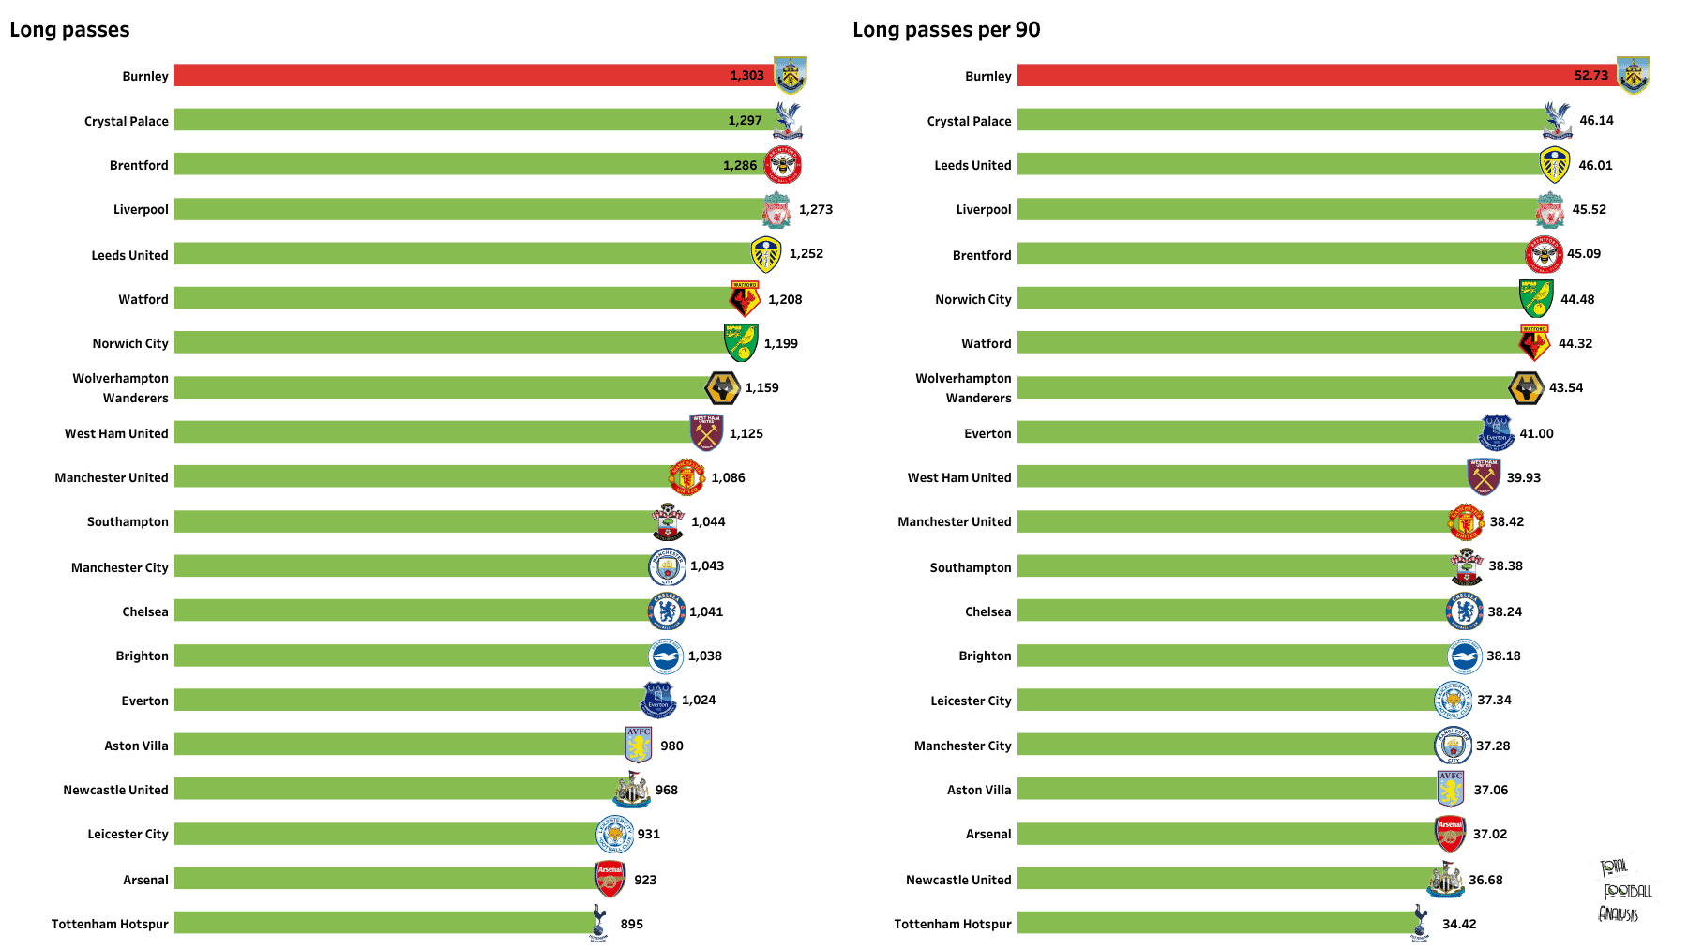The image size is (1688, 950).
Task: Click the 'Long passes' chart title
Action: click(69, 30)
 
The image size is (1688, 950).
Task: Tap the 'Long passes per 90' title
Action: click(946, 30)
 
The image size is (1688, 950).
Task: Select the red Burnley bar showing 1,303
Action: click(474, 75)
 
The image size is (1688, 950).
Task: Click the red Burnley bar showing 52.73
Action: click(1318, 75)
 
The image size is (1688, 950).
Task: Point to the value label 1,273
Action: click(816, 209)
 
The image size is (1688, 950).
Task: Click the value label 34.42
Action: click(1459, 924)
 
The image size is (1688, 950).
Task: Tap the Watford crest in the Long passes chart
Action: click(745, 298)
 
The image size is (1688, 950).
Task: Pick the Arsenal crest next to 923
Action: click(610, 879)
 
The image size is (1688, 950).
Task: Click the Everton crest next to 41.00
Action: click(1497, 432)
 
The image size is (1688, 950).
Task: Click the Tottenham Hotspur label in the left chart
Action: click(110, 924)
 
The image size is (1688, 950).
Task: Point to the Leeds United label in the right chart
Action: click(972, 165)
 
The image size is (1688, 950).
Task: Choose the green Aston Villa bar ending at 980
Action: click(399, 745)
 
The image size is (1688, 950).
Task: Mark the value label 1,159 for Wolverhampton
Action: click(761, 387)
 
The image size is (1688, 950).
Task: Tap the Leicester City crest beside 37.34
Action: click(1454, 700)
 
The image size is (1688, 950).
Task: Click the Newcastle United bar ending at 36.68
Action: click(1223, 879)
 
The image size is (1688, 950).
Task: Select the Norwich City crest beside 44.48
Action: click(1536, 298)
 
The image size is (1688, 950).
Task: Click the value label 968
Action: click(667, 790)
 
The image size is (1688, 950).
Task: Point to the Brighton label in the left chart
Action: click(143, 656)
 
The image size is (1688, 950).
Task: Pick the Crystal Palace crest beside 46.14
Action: click(1558, 120)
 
